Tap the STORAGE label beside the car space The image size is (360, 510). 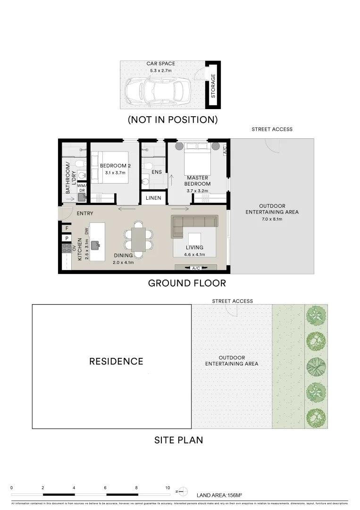coord(213,86)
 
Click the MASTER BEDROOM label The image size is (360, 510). coord(198,181)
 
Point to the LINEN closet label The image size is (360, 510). coord(153,198)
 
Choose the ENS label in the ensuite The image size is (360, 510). coord(156,172)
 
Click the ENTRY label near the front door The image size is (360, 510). coord(84,213)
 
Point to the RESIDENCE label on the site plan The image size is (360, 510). coord(116,362)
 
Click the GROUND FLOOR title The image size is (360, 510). coord(187,283)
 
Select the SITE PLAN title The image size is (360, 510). coord(178,440)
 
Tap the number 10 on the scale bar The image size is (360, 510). coord(167,487)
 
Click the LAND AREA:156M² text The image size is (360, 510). coord(219,495)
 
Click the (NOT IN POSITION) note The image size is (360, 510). coord(173,120)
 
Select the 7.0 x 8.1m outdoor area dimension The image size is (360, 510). coord(272,219)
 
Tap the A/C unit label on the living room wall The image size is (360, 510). coord(196,268)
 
